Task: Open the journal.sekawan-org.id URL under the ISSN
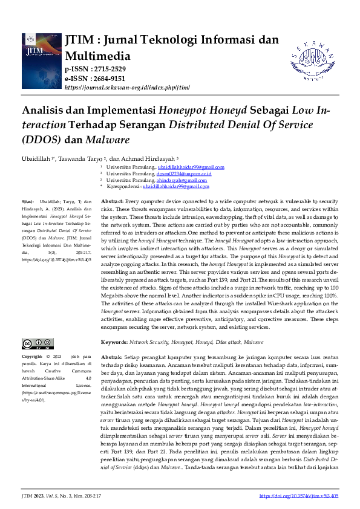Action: coord(127,87)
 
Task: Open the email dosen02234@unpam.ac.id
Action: coord(183,173)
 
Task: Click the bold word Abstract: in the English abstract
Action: coord(112,201)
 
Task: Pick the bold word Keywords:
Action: coord(114,342)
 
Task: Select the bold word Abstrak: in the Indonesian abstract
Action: coord(111,355)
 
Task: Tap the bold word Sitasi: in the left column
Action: coord(28,201)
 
